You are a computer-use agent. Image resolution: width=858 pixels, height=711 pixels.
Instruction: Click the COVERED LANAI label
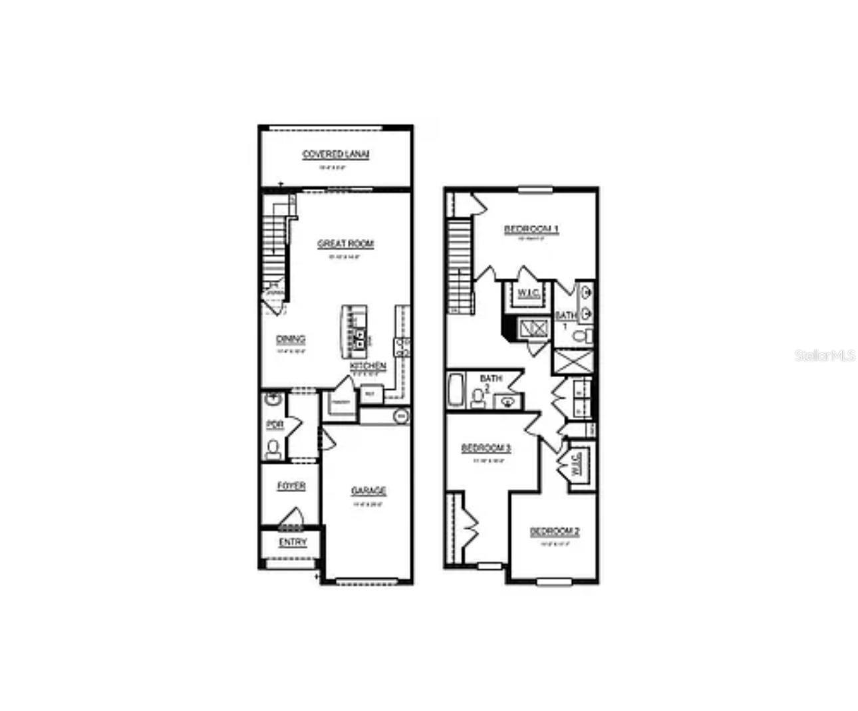[335, 154]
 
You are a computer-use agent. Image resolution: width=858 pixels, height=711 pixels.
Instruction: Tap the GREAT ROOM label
[345, 244]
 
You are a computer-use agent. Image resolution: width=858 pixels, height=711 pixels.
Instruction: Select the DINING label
[291, 339]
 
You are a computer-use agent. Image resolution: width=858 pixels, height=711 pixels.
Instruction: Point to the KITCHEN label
[368, 366]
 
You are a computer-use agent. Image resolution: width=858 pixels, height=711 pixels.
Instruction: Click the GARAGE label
[368, 491]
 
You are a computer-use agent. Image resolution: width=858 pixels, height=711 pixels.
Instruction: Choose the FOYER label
[291, 486]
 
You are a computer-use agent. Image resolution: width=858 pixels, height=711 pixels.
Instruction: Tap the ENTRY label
[293, 542]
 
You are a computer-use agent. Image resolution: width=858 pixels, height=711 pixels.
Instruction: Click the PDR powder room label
[275, 424]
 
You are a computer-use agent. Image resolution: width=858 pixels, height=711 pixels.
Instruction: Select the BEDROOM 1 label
[531, 229]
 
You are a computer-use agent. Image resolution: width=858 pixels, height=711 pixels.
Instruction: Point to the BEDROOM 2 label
[554, 531]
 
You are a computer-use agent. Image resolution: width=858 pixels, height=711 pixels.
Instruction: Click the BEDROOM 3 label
[486, 448]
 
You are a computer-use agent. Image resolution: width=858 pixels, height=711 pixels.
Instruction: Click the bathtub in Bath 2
[457, 391]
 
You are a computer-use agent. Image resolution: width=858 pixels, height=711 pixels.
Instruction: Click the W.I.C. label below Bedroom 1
[529, 293]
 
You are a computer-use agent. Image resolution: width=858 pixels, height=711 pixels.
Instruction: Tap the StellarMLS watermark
[824, 356]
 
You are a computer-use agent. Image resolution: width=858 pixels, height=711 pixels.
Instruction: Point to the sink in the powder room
[273, 400]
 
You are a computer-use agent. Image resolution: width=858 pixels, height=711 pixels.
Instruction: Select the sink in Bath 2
[507, 401]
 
